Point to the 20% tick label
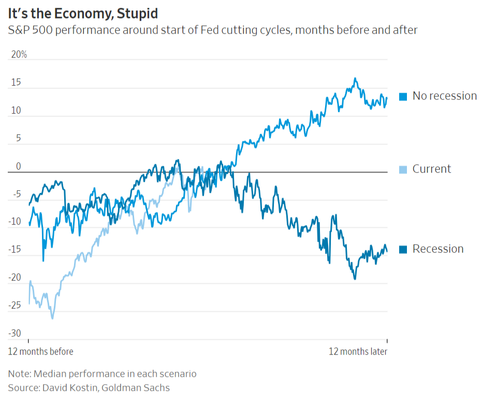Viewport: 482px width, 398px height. point(19,54)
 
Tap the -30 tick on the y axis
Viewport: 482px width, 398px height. point(15,333)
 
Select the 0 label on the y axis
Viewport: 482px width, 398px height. point(19,166)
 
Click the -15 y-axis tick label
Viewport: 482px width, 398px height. point(15,250)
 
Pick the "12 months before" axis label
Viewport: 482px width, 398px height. point(40,351)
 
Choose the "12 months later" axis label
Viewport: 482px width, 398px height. point(358,351)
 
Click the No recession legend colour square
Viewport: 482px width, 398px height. point(403,96)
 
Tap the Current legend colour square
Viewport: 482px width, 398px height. point(403,169)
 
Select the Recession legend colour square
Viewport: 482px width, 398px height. point(403,249)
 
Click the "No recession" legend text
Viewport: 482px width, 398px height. point(444,96)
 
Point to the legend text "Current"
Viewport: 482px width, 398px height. point(432,169)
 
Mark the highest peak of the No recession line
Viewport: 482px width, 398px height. point(355,78)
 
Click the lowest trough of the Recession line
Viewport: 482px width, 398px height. point(355,279)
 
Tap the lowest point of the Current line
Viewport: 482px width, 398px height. point(52,318)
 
